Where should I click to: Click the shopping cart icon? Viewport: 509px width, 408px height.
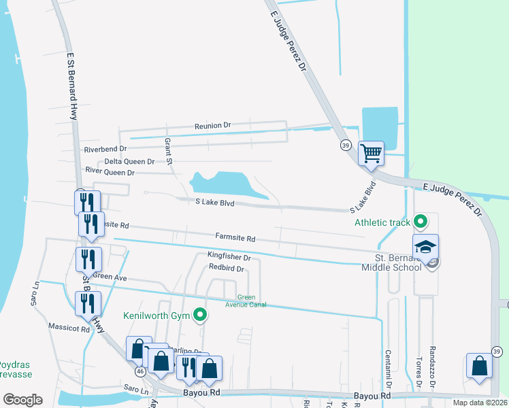tap(371, 153)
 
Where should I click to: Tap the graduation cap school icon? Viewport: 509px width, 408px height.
tap(425, 246)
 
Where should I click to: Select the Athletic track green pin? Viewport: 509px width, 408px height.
tap(421, 221)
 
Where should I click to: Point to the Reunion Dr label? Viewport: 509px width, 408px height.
tap(213, 126)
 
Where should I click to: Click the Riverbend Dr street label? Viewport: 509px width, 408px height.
tap(105, 149)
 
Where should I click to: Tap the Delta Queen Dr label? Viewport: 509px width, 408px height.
tap(129, 162)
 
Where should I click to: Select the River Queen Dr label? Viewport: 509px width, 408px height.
tap(110, 173)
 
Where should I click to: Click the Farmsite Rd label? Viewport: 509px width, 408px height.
tap(235, 239)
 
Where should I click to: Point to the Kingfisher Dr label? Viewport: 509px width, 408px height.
tap(229, 258)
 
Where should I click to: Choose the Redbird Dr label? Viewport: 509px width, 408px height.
tap(226, 269)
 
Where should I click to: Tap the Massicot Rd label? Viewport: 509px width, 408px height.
tap(69, 329)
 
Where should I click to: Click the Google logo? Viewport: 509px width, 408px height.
tap(22, 399)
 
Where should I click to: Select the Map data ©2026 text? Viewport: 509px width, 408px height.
tap(479, 403)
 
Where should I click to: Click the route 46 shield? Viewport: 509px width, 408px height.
tap(140, 372)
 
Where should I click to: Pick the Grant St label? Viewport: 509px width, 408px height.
tap(168, 151)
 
